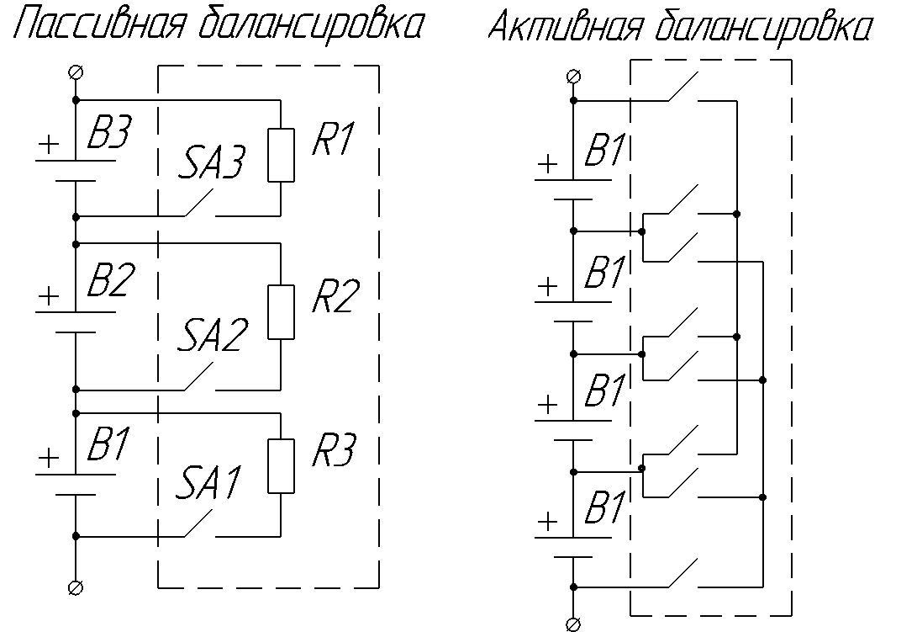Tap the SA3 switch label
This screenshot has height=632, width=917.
(210, 164)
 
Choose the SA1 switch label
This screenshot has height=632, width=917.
(210, 483)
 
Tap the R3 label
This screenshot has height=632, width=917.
(334, 451)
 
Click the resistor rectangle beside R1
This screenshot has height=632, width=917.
(281, 155)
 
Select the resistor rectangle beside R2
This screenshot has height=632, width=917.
(281, 312)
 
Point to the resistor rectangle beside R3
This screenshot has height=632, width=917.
(281, 465)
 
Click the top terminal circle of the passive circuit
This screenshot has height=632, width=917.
(76, 72)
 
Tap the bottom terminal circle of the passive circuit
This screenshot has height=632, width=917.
(76, 586)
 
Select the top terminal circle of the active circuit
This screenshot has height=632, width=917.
(573, 77)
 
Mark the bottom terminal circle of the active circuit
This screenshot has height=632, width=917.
(573, 624)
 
